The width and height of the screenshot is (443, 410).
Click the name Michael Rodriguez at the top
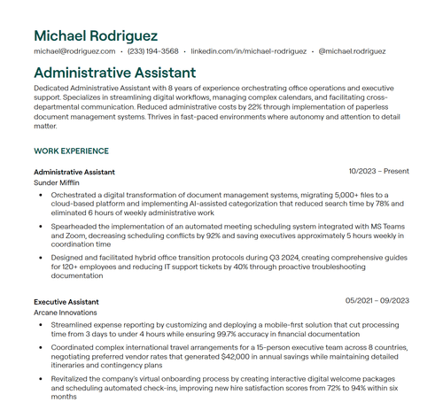[x=96, y=35]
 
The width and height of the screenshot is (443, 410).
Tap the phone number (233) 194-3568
[x=153, y=52]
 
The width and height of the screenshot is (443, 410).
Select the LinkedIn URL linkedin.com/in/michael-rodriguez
[x=249, y=52]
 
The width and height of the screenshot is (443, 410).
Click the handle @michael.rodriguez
[x=352, y=52]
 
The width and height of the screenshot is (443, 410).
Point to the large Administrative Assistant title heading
[x=114, y=73]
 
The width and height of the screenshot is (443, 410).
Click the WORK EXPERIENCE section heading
[x=71, y=151]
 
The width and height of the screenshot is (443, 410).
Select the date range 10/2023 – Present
[x=378, y=171]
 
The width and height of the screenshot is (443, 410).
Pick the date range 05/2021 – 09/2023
[x=377, y=301]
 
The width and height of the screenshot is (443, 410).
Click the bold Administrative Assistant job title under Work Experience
[x=74, y=172]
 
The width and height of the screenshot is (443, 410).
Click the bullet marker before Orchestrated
[x=41, y=194]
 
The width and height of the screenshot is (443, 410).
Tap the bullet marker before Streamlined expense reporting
[x=41, y=325]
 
